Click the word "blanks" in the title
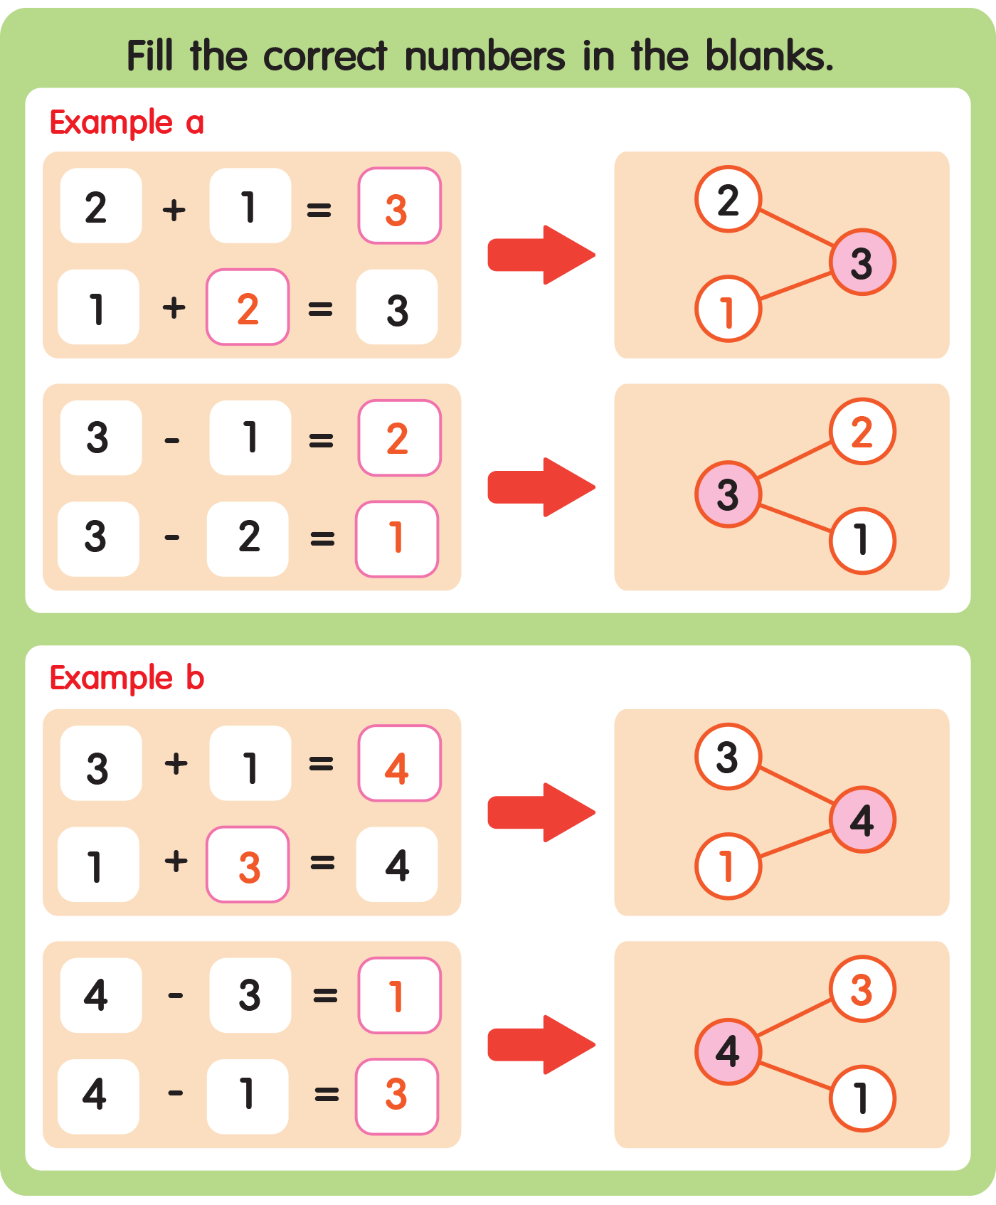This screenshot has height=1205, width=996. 768,55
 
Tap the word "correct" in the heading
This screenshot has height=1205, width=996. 326,55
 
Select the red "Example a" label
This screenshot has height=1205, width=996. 127,122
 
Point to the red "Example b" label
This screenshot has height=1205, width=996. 127,677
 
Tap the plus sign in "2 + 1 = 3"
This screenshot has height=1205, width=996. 174,210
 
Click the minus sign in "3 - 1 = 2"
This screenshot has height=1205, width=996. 172,441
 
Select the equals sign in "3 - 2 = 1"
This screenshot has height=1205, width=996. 322,538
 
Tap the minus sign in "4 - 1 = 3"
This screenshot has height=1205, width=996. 176,1093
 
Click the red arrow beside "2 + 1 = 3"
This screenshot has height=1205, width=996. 541,255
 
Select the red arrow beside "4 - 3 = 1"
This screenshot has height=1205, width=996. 541,1044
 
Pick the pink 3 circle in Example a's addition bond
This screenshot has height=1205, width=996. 862,262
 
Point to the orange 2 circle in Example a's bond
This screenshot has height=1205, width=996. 862,431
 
